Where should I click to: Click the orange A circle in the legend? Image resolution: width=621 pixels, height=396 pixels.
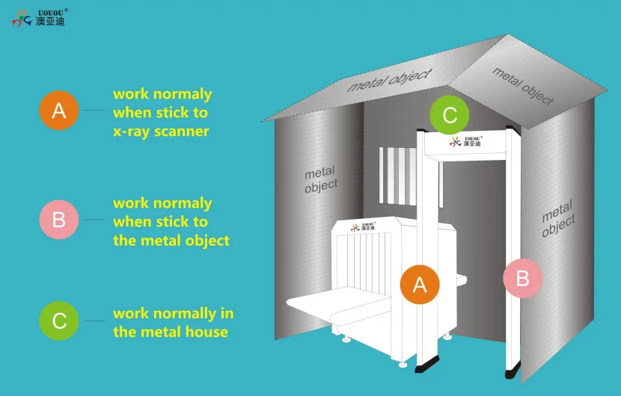[x=59, y=111]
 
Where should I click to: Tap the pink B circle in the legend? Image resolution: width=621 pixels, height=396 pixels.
[x=59, y=220]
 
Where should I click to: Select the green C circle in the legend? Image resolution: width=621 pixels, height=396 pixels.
[x=59, y=321]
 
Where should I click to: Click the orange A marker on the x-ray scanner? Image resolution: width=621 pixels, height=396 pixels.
[x=420, y=284]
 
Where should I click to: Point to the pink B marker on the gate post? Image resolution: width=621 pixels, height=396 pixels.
[x=522, y=279]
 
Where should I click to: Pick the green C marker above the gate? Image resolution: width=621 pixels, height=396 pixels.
[x=450, y=116]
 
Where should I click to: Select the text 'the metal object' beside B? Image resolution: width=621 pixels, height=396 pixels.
[x=171, y=241]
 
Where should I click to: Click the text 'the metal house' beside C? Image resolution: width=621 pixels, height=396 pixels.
[x=171, y=332]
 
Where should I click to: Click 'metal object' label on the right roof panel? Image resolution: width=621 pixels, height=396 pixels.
[x=523, y=86]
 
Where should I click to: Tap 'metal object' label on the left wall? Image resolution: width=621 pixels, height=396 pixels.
[x=321, y=179]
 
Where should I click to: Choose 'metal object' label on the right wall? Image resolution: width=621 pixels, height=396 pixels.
[x=557, y=218]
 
